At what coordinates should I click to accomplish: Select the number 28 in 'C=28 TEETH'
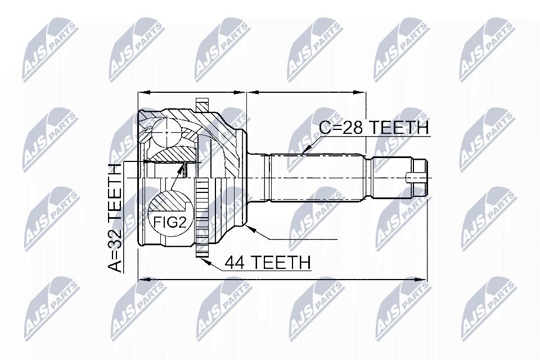coord(353,128)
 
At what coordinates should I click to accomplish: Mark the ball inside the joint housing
coord(166,133)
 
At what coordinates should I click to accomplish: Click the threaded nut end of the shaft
coord(421,177)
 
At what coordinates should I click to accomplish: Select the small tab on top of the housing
coord(202,105)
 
